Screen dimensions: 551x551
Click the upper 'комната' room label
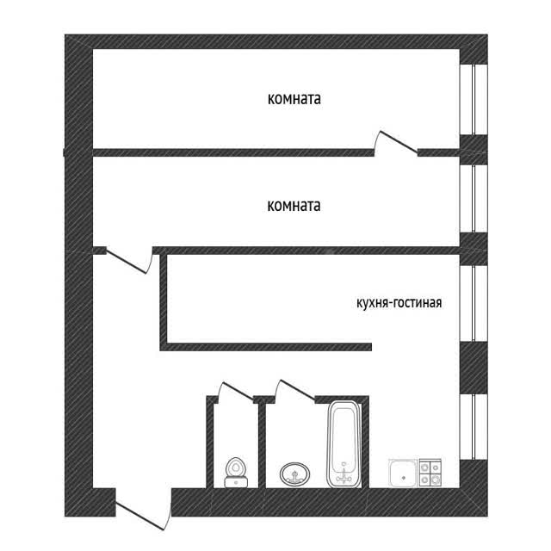(x=294, y=99)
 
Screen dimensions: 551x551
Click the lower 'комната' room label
(x=294, y=206)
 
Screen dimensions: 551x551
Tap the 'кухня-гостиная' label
(x=399, y=302)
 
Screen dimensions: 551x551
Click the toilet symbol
(x=236, y=473)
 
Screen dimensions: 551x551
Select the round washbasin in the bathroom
(x=294, y=474)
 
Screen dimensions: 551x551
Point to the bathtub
(x=344, y=444)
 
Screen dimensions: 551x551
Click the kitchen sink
(x=403, y=473)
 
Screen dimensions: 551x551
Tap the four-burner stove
(x=430, y=473)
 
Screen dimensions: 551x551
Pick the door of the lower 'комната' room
(x=127, y=261)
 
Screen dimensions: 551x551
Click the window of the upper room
(x=474, y=100)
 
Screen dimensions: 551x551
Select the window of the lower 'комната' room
(x=474, y=199)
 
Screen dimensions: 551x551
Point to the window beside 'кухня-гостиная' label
(x=474, y=304)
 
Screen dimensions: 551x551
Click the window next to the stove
(x=474, y=427)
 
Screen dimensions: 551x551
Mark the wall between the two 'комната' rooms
(x=232, y=152)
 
